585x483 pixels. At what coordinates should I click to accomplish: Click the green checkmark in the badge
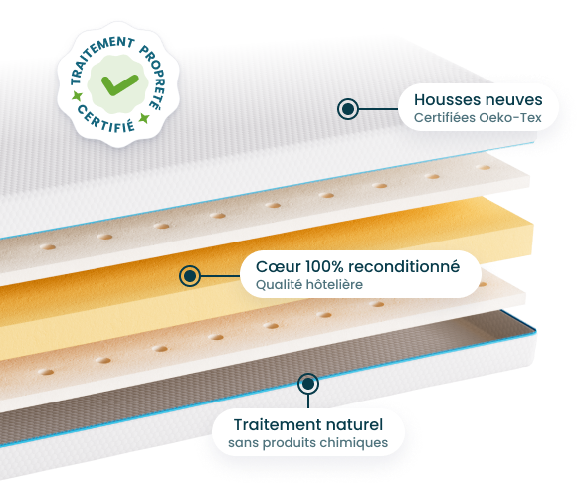[119, 84]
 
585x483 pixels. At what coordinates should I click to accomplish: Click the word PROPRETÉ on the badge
[154, 76]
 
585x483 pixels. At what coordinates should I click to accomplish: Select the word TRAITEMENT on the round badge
[97, 56]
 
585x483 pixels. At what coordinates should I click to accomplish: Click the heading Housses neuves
[478, 99]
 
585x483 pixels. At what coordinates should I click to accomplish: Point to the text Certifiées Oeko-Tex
[478, 118]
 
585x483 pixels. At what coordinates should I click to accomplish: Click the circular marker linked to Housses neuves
[348, 109]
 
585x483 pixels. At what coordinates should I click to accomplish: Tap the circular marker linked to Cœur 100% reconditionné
[190, 276]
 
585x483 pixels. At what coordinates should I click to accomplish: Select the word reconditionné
[404, 266]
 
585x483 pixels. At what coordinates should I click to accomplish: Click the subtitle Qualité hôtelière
[308, 284]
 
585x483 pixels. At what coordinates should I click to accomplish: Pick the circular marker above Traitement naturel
[308, 384]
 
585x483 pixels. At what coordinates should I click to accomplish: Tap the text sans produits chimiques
[307, 443]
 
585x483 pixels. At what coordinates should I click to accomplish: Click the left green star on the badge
[78, 96]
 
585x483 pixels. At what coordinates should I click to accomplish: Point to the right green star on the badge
[144, 119]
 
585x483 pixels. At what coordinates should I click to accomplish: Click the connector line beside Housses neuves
[379, 109]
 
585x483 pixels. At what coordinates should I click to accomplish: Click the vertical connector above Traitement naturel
[308, 402]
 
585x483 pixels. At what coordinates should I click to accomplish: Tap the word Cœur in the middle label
[279, 266]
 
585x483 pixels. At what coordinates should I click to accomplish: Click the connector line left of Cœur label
[220, 276]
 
